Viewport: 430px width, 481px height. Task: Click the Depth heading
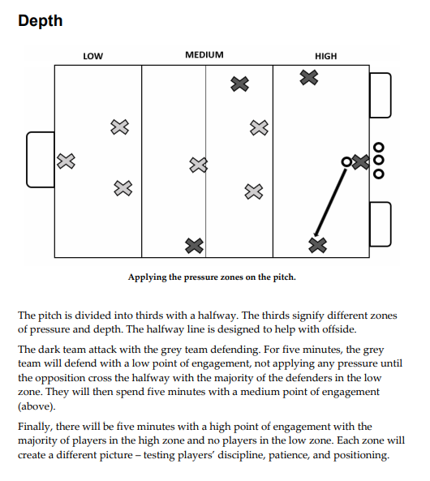click(x=41, y=21)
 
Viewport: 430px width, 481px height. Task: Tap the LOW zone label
click(x=93, y=57)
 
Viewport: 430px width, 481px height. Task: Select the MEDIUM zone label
click(x=204, y=55)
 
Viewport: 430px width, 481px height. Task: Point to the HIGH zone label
click(x=326, y=57)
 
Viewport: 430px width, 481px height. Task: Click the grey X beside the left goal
click(x=66, y=161)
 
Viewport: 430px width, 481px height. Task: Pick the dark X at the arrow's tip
click(x=318, y=246)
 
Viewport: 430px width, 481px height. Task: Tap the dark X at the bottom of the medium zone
click(x=194, y=246)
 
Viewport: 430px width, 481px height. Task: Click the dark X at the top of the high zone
click(x=309, y=77)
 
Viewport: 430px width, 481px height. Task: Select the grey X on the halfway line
click(x=199, y=165)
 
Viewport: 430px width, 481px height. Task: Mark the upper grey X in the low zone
click(x=120, y=127)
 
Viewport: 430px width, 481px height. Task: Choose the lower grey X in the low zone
click(x=123, y=188)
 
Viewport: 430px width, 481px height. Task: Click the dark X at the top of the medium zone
click(x=239, y=84)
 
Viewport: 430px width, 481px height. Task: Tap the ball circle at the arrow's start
click(x=346, y=161)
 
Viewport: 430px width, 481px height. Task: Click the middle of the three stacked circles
click(x=379, y=160)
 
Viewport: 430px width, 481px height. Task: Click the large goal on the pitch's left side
click(x=27, y=160)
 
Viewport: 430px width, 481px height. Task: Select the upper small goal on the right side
click(x=390, y=95)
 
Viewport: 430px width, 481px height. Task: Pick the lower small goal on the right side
click(x=390, y=224)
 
